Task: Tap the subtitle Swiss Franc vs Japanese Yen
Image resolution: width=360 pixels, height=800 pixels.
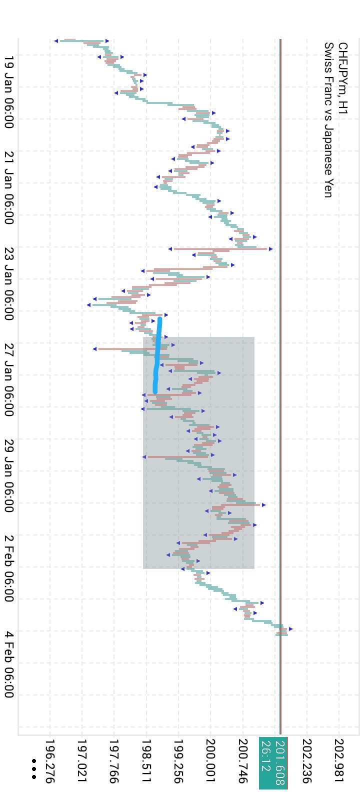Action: (x=328, y=120)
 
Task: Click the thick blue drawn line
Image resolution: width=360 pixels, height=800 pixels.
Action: (x=157, y=355)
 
